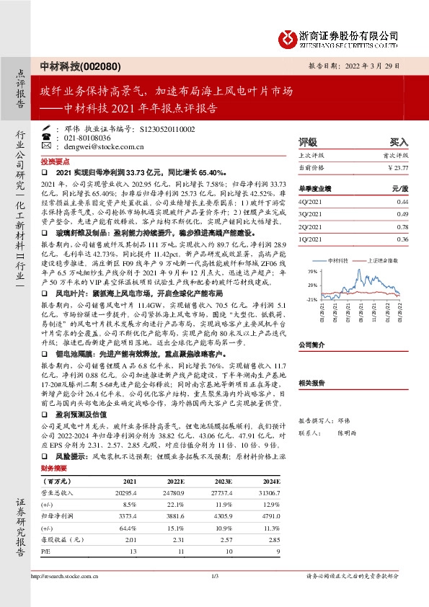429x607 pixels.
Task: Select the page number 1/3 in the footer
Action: click(x=214, y=575)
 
